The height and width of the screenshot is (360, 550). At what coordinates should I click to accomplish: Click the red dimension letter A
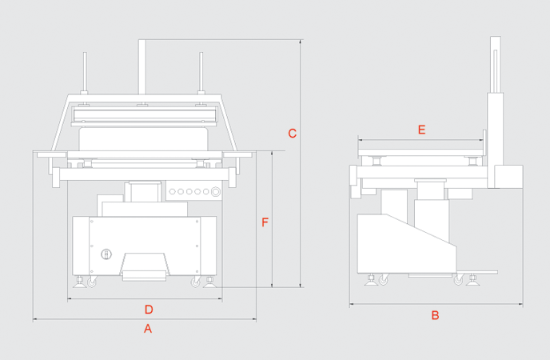pyautogui.click(x=146, y=328)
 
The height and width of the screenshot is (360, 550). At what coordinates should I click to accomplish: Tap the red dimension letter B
pyautogui.click(x=435, y=315)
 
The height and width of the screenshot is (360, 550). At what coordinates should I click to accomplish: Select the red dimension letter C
pyautogui.click(x=292, y=134)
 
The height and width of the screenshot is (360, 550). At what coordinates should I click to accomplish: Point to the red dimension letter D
pyautogui.click(x=148, y=309)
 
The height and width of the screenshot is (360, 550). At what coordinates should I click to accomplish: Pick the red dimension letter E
pyautogui.click(x=421, y=130)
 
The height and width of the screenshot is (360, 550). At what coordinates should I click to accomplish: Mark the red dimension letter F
pyautogui.click(x=265, y=222)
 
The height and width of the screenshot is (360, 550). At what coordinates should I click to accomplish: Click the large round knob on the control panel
pyautogui.click(x=214, y=191)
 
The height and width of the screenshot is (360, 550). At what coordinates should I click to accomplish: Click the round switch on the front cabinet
pyautogui.click(x=106, y=254)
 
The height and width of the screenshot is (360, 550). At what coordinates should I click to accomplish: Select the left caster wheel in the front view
pyautogui.click(x=91, y=282)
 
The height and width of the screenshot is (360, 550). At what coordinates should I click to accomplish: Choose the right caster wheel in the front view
pyautogui.click(x=196, y=282)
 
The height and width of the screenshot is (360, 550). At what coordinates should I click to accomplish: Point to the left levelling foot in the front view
pyautogui.click(x=81, y=281)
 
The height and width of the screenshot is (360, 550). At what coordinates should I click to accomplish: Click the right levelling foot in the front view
pyautogui.click(x=209, y=281)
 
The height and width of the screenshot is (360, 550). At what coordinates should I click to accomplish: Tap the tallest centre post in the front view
pyautogui.click(x=142, y=68)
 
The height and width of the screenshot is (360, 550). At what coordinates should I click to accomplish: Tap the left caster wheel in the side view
pyautogui.click(x=384, y=280)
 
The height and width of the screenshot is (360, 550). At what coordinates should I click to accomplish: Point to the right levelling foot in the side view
pyautogui.click(x=473, y=279)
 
